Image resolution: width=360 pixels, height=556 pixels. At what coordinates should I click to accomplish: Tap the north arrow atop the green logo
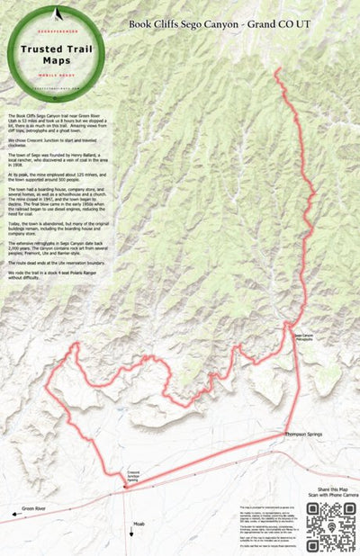pos(57,13)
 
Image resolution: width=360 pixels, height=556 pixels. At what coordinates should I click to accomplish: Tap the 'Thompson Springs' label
pos(303,435)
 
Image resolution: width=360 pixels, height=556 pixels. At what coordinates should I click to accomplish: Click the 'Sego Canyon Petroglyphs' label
pos(309,338)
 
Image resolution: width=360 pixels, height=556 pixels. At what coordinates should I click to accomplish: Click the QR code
pos(326,524)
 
